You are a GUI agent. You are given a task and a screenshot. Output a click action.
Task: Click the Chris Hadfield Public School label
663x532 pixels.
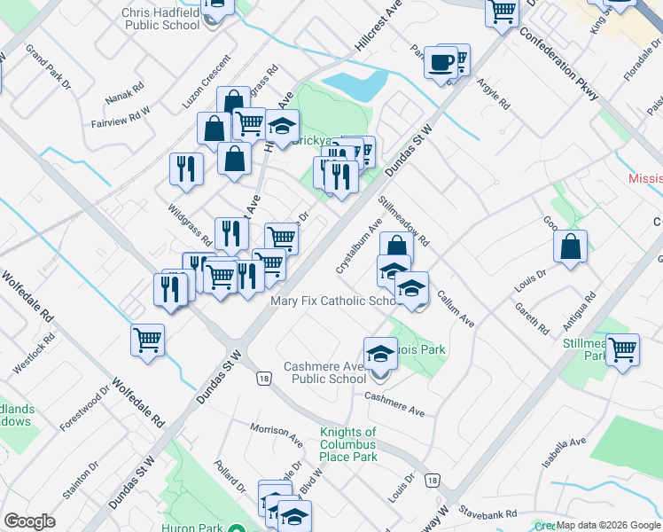tap(161, 19)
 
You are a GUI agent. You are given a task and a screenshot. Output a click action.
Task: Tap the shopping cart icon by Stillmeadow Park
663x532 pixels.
tap(623, 349)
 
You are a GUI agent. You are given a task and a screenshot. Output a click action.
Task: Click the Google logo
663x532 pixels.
tap(29, 521)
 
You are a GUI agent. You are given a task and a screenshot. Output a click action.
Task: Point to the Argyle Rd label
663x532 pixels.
tap(494, 92)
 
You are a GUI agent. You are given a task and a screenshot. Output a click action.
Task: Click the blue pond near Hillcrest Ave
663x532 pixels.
tap(356, 85)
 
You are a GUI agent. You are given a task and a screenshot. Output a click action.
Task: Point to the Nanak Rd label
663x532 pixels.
tap(125, 91)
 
